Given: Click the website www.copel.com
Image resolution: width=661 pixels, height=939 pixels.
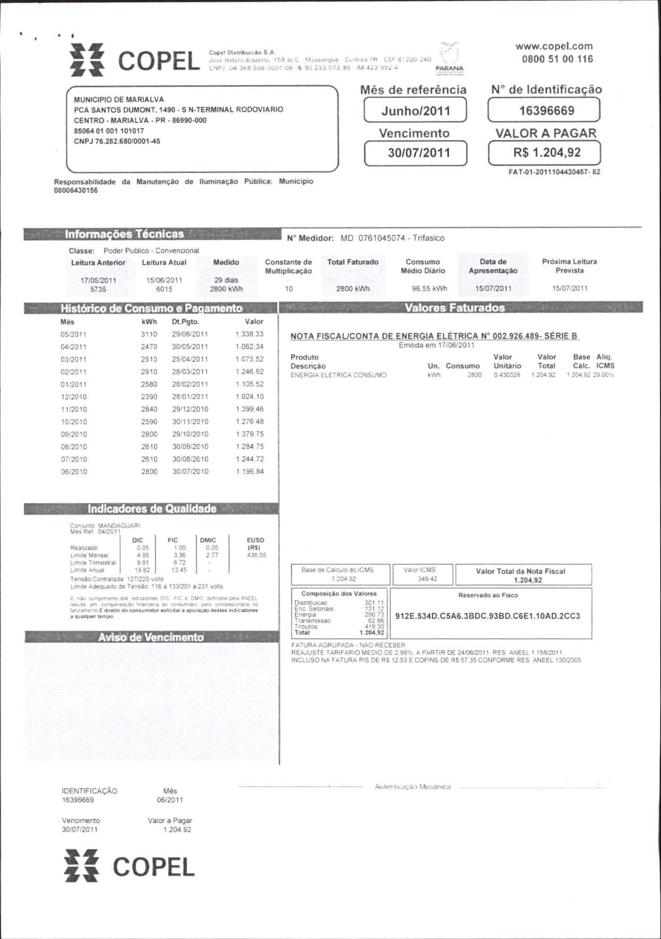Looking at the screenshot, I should (554, 46).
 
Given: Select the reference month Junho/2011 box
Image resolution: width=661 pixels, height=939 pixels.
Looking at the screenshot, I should (416, 111).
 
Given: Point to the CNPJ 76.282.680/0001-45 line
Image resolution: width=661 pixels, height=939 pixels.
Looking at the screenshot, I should (117, 141).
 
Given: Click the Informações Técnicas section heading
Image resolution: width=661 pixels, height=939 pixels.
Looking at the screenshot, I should (124, 234).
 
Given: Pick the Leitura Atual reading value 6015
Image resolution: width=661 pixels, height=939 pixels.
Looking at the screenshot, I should (164, 289).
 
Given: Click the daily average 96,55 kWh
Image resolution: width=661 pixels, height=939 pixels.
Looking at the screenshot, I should (429, 289).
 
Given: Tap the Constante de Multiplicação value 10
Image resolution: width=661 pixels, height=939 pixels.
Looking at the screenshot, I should (289, 289).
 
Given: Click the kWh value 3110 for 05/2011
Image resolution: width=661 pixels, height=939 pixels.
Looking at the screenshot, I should (149, 334).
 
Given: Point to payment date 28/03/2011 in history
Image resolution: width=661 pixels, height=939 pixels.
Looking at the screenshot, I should (190, 372).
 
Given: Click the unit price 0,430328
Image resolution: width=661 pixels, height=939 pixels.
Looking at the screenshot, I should (507, 375).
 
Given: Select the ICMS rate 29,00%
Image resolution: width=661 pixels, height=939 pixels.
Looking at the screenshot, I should (604, 375).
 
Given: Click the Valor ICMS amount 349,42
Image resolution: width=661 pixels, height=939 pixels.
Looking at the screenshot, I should (427, 579).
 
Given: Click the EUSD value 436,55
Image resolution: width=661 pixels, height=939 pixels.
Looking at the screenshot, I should (257, 555).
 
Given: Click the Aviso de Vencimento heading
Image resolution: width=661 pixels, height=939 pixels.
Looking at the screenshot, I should (151, 637).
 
